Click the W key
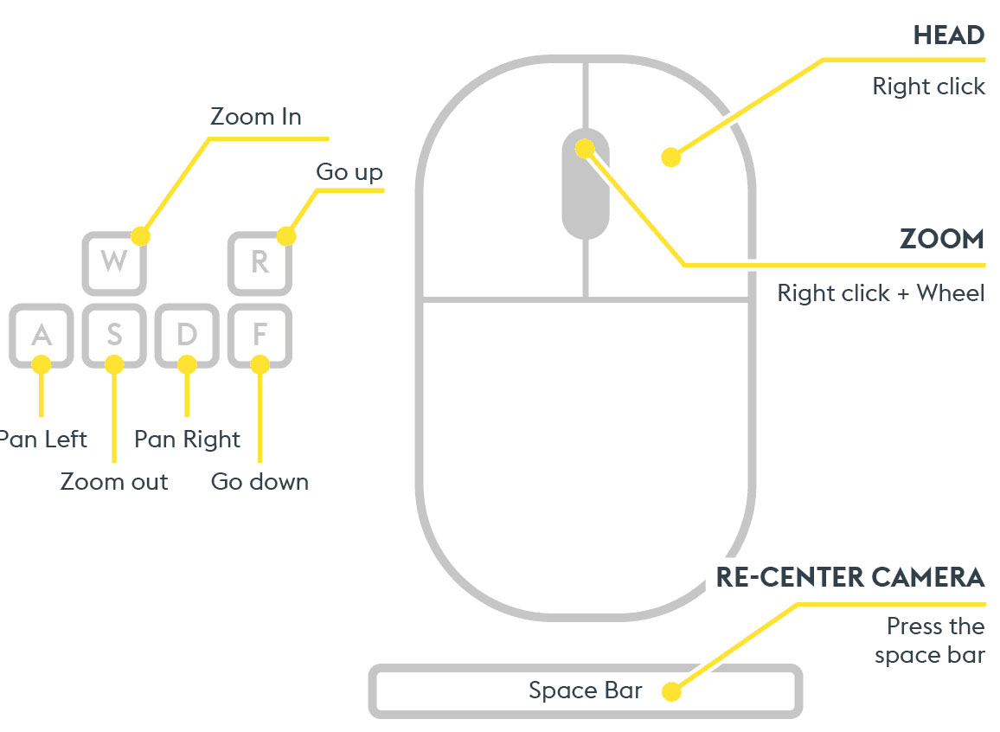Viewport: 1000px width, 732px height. (x=114, y=262)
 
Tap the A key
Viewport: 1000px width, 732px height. (x=41, y=334)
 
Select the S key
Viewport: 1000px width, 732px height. (x=114, y=334)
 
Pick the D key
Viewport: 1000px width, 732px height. (x=187, y=334)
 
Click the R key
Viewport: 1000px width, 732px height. (x=260, y=262)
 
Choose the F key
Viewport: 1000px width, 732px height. (x=260, y=334)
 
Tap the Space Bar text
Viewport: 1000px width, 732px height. (x=585, y=690)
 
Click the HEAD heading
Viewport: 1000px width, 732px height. (x=948, y=35)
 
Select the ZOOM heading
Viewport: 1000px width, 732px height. (x=941, y=239)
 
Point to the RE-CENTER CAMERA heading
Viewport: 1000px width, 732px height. (x=849, y=577)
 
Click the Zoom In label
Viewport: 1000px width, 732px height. (x=255, y=117)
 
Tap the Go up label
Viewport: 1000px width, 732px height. (x=349, y=172)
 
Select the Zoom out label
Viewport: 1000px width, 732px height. (x=114, y=481)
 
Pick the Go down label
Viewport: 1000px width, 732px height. (x=260, y=481)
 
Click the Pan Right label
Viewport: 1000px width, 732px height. (x=187, y=440)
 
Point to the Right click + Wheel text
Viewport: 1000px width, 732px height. (x=881, y=293)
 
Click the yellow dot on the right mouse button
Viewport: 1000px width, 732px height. (x=670, y=157)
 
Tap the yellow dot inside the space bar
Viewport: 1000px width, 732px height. (x=671, y=691)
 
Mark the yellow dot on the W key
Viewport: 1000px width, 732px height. (x=141, y=235)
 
